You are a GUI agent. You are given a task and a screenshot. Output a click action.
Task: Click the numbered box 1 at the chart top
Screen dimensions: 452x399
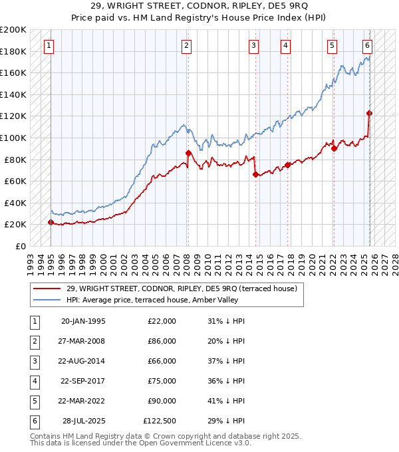pyautogui.click(x=51, y=46)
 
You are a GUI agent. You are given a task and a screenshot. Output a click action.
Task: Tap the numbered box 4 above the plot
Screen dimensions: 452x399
pyautogui.click(x=285, y=46)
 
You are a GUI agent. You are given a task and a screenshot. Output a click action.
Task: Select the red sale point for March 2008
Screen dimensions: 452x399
pyautogui.click(x=188, y=153)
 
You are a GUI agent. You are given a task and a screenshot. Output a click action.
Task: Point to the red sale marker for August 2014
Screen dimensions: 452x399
pyautogui.click(x=255, y=175)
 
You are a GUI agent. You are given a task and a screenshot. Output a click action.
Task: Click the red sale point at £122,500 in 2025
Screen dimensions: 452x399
pyautogui.click(x=370, y=113)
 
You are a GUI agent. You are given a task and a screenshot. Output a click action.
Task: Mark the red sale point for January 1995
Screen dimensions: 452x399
pyautogui.click(x=51, y=223)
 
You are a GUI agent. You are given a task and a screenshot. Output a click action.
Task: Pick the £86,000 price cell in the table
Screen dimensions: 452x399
pyautogui.click(x=162, y=341)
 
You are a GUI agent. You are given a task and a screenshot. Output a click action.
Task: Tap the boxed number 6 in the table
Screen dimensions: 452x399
pyautogui.click(x=33, y=421)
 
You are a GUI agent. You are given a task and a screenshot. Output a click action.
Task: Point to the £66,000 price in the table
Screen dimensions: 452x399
pyautogui.click(x=162, y=361)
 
